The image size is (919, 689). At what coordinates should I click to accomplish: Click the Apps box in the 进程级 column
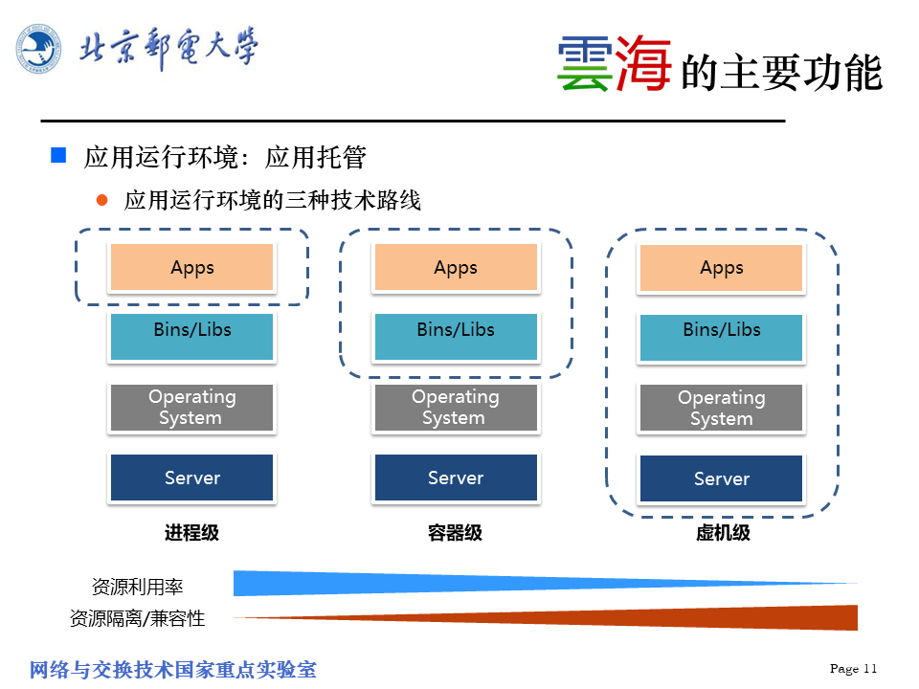pyautogui.click(x=191, y=268)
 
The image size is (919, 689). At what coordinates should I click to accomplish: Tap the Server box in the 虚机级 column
pyautogui.click(x=721, y=478)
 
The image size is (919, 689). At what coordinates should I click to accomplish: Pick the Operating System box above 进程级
pyautogui.click(x=191, y=408)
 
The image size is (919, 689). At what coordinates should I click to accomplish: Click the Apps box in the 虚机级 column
pyautogui.click(x=721, y=268)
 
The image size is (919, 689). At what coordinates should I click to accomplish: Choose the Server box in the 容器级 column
pyautogui.click(x=456, y=478)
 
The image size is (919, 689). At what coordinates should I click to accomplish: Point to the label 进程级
pyautogui.click(x=191, y=533)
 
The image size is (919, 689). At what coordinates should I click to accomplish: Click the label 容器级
pyautogui.click(x=455, y=533)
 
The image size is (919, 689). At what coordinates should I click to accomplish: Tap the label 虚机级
pyautogui.click(x=723, y=533)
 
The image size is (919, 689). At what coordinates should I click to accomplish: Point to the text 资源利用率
pyautogui.click(x=137, y=587)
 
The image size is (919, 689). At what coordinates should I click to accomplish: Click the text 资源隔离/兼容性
pyautogui.click(x=137, y=618)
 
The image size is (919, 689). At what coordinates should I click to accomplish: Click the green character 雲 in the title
pyautogui.click(x=584, y=65)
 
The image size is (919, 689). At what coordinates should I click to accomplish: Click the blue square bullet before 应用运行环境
pyautogui.click(x=58, y=155)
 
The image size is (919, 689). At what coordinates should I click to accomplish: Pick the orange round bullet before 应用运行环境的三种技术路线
pyautogui.click(x=102, y=200)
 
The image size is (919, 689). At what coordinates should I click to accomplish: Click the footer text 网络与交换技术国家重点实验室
pyautogui.click(x=173, y=669)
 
